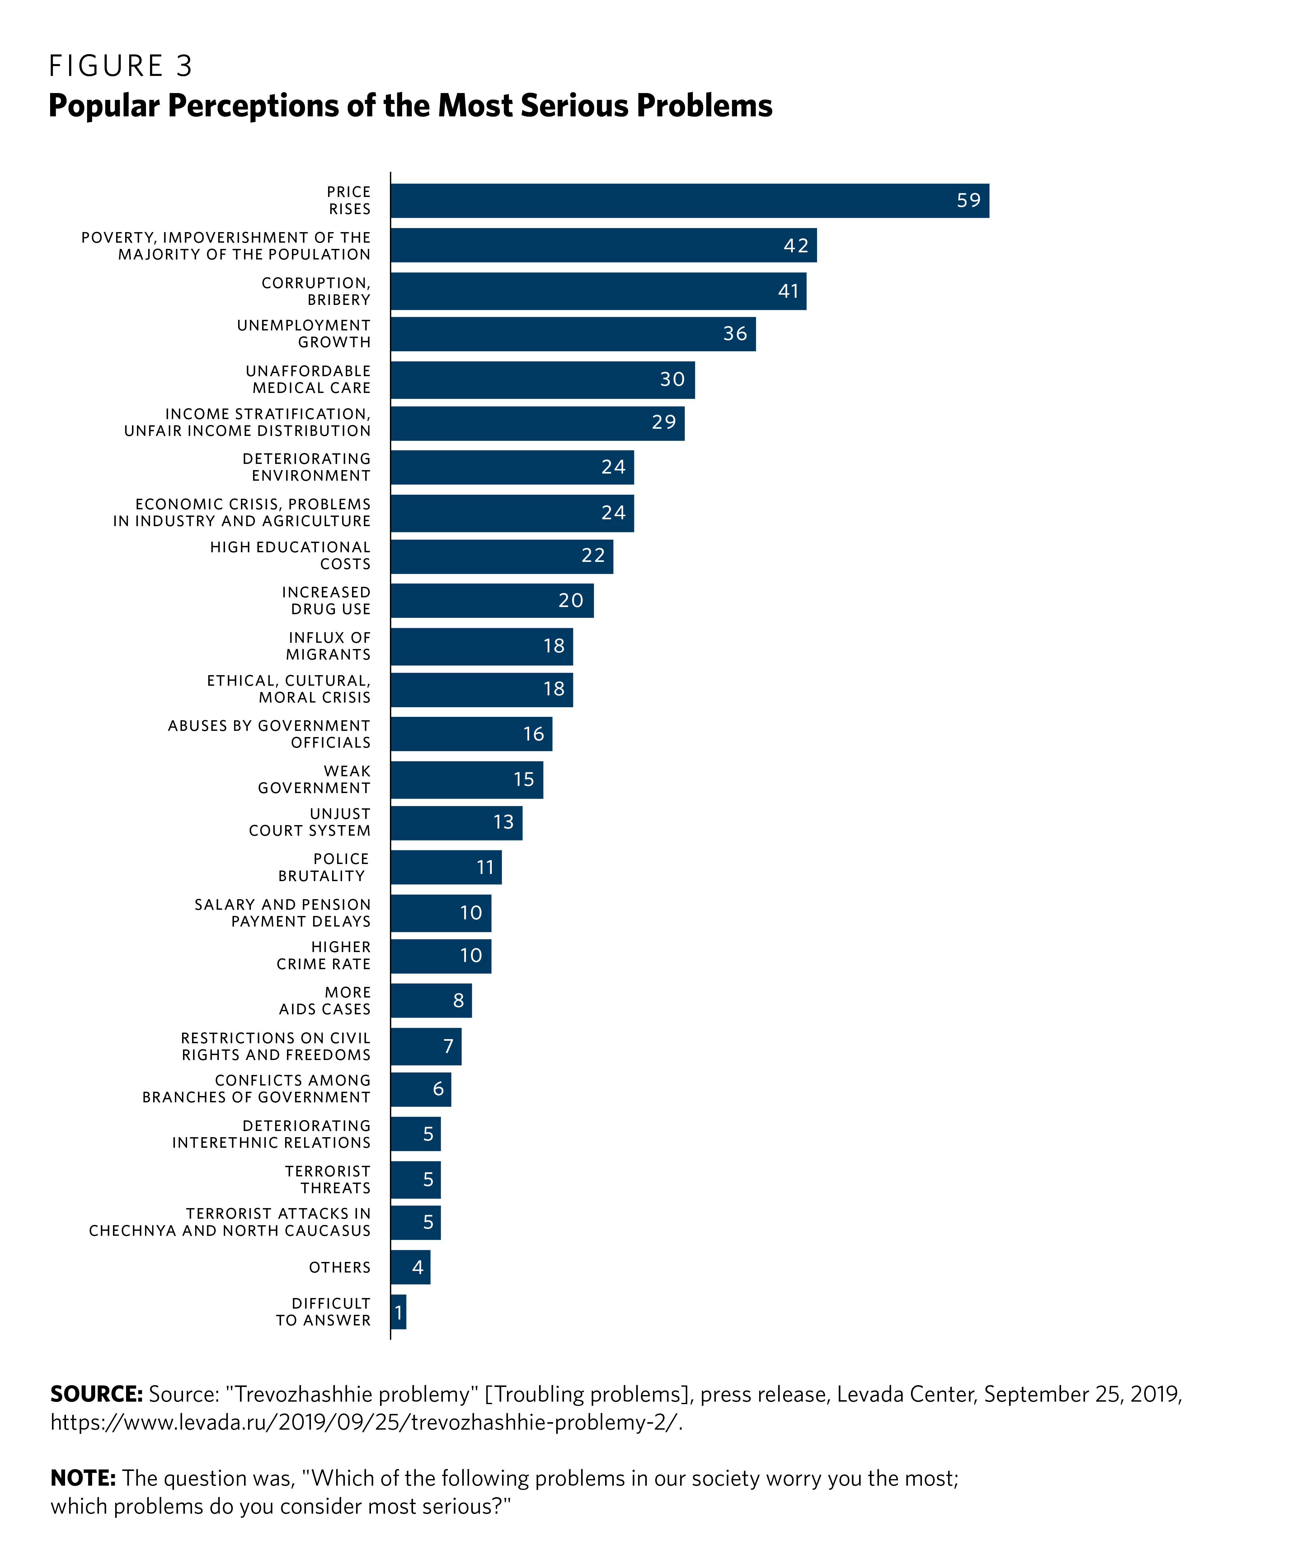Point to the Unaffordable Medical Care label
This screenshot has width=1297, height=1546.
[x=308, y=379]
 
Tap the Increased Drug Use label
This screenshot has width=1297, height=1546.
[x=326, y=601]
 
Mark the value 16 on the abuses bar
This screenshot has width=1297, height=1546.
[x=533, y=734]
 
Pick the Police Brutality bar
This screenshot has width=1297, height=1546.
[x=446, y=867]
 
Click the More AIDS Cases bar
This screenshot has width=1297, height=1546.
[x=431, y=1001]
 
